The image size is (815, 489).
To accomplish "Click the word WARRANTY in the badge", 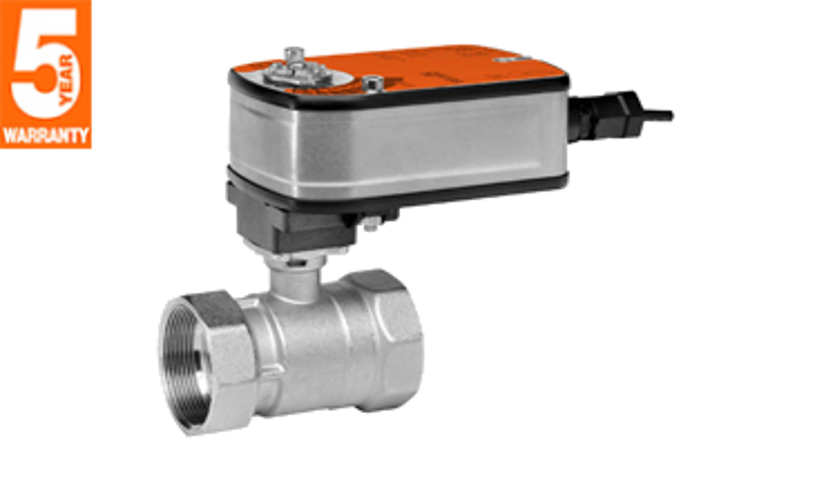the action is click(46, 136).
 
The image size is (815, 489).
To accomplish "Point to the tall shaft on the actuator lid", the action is click(293, 56).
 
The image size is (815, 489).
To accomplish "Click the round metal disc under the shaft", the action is click(298, 76).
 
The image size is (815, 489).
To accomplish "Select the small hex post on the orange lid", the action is click(372, 83).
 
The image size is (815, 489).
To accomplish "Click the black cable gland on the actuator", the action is click(603, 116).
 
